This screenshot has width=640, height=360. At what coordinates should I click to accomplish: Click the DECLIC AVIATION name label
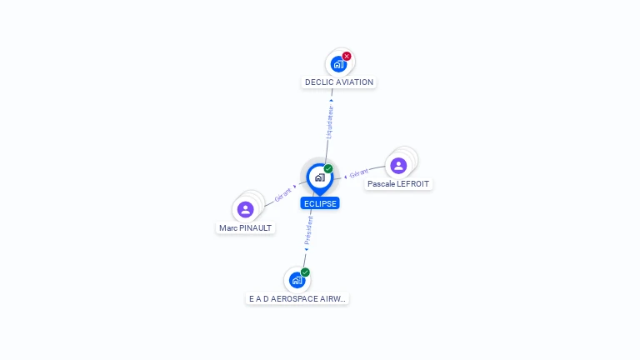coord(339,82)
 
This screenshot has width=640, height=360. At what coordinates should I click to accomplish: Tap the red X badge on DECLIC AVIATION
coord(347,57)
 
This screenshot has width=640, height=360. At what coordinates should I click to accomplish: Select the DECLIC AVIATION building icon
coord(338,64)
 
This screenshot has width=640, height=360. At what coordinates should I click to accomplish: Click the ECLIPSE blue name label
coord(320,203)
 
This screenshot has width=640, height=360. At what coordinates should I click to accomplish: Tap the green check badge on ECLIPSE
coord(328,169)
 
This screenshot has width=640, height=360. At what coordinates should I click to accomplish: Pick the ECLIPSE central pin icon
coord(319,177)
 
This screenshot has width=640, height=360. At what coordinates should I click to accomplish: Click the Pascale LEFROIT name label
coord(398,183)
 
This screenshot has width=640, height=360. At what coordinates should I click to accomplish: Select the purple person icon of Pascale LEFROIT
coord(398,165)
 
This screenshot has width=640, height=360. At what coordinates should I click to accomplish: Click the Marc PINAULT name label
coord(245,227)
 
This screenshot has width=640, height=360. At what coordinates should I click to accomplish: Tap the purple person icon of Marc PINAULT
coord(245,209)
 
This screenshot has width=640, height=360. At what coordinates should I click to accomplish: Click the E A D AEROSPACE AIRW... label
coord(297,298)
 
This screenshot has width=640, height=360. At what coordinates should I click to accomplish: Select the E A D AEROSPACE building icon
coord(297,280)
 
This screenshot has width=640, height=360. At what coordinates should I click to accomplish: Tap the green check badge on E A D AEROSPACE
coord(306,272)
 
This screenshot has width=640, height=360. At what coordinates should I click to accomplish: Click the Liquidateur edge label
coord(329,122)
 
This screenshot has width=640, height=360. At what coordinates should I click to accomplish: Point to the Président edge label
coord(308,232)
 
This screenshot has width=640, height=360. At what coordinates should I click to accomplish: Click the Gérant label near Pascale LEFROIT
coord(358,174)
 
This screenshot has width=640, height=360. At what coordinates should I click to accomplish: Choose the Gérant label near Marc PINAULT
coord(282,194)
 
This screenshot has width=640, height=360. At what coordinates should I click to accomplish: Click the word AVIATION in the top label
coord(356,82)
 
